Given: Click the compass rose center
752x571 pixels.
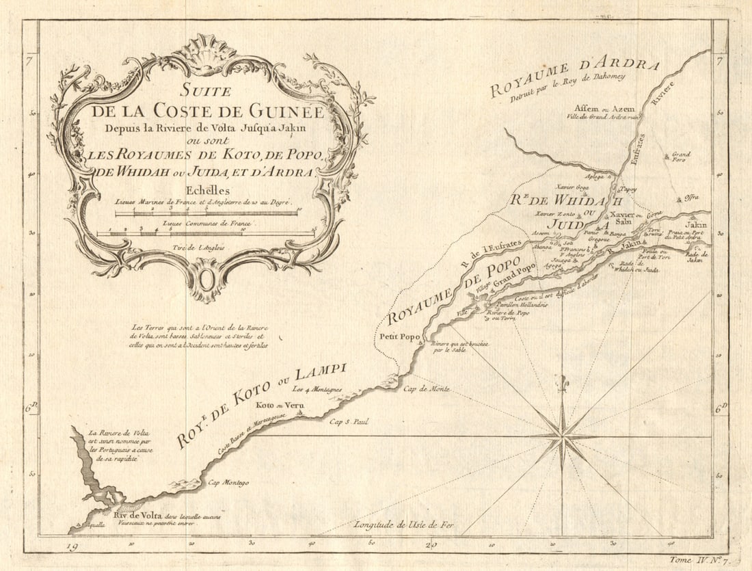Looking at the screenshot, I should [x=562, y=436].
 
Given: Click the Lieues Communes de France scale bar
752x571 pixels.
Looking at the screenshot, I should [x=205, y=233].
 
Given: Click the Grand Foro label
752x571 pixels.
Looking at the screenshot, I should [x=681, y=157].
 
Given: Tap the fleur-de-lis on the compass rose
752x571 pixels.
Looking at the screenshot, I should [x=563, y=384].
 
